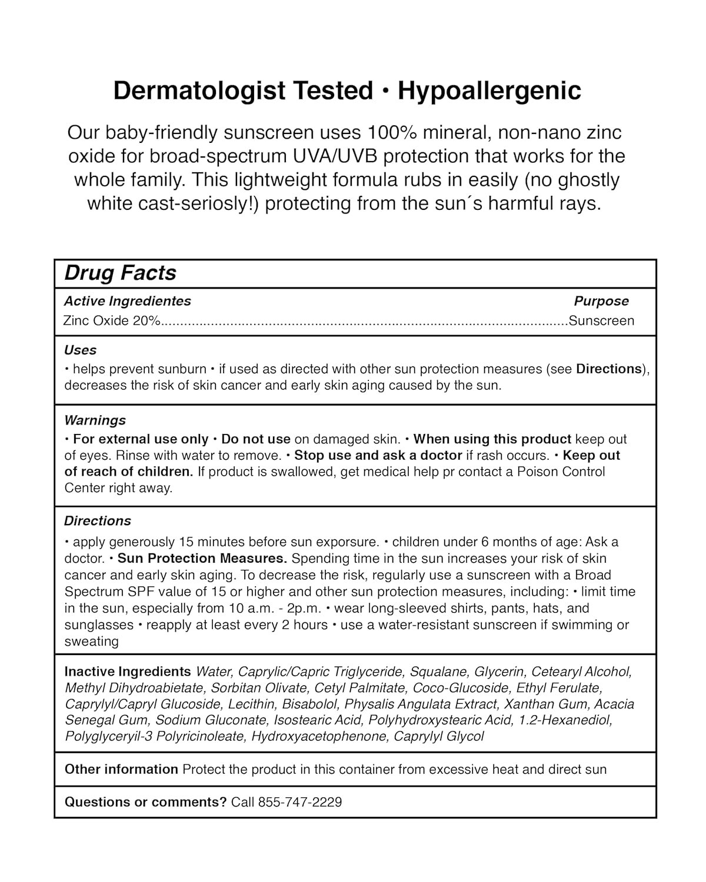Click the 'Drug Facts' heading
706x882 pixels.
(120, 273)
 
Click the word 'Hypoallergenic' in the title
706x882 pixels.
(489, 91)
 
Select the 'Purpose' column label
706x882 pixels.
(601, 301)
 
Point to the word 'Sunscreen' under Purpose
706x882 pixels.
(601, 321)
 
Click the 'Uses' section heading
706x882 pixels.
(80, 350)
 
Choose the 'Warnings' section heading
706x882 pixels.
(95, 420)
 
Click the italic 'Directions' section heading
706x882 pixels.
(98, 521)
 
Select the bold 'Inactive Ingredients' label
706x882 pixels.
(128, 671)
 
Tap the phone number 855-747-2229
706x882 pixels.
(300, 802)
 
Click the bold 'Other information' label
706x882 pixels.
(121, 769)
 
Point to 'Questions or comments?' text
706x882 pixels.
(145, 802)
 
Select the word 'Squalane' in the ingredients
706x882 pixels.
(438, 671)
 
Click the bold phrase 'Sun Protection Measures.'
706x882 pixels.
(202, 558)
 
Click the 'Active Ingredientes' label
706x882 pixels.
(128, 301)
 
